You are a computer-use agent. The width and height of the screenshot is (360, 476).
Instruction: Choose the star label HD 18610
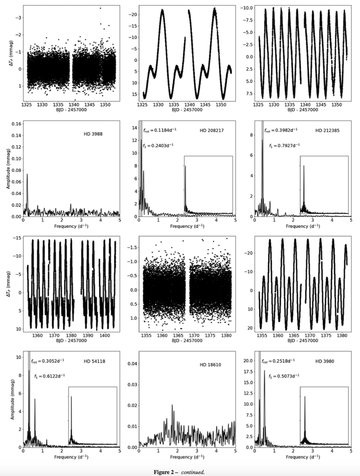click(x=210, y=365)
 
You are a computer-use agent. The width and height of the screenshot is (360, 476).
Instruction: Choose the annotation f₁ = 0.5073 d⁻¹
click(x=284, y=376)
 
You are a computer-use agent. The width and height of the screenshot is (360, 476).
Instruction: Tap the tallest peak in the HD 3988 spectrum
click(x=27, y=174)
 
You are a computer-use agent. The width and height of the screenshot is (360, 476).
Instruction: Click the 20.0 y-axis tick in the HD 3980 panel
click(x=247, y=361)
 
